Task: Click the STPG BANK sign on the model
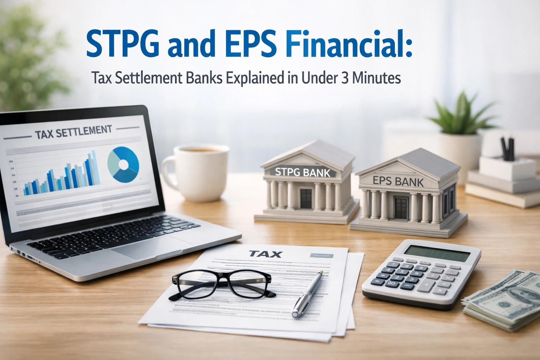click(x=302, y=172)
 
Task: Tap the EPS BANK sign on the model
click(x=398, y=181)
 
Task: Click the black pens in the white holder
click(x=507, y=148)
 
